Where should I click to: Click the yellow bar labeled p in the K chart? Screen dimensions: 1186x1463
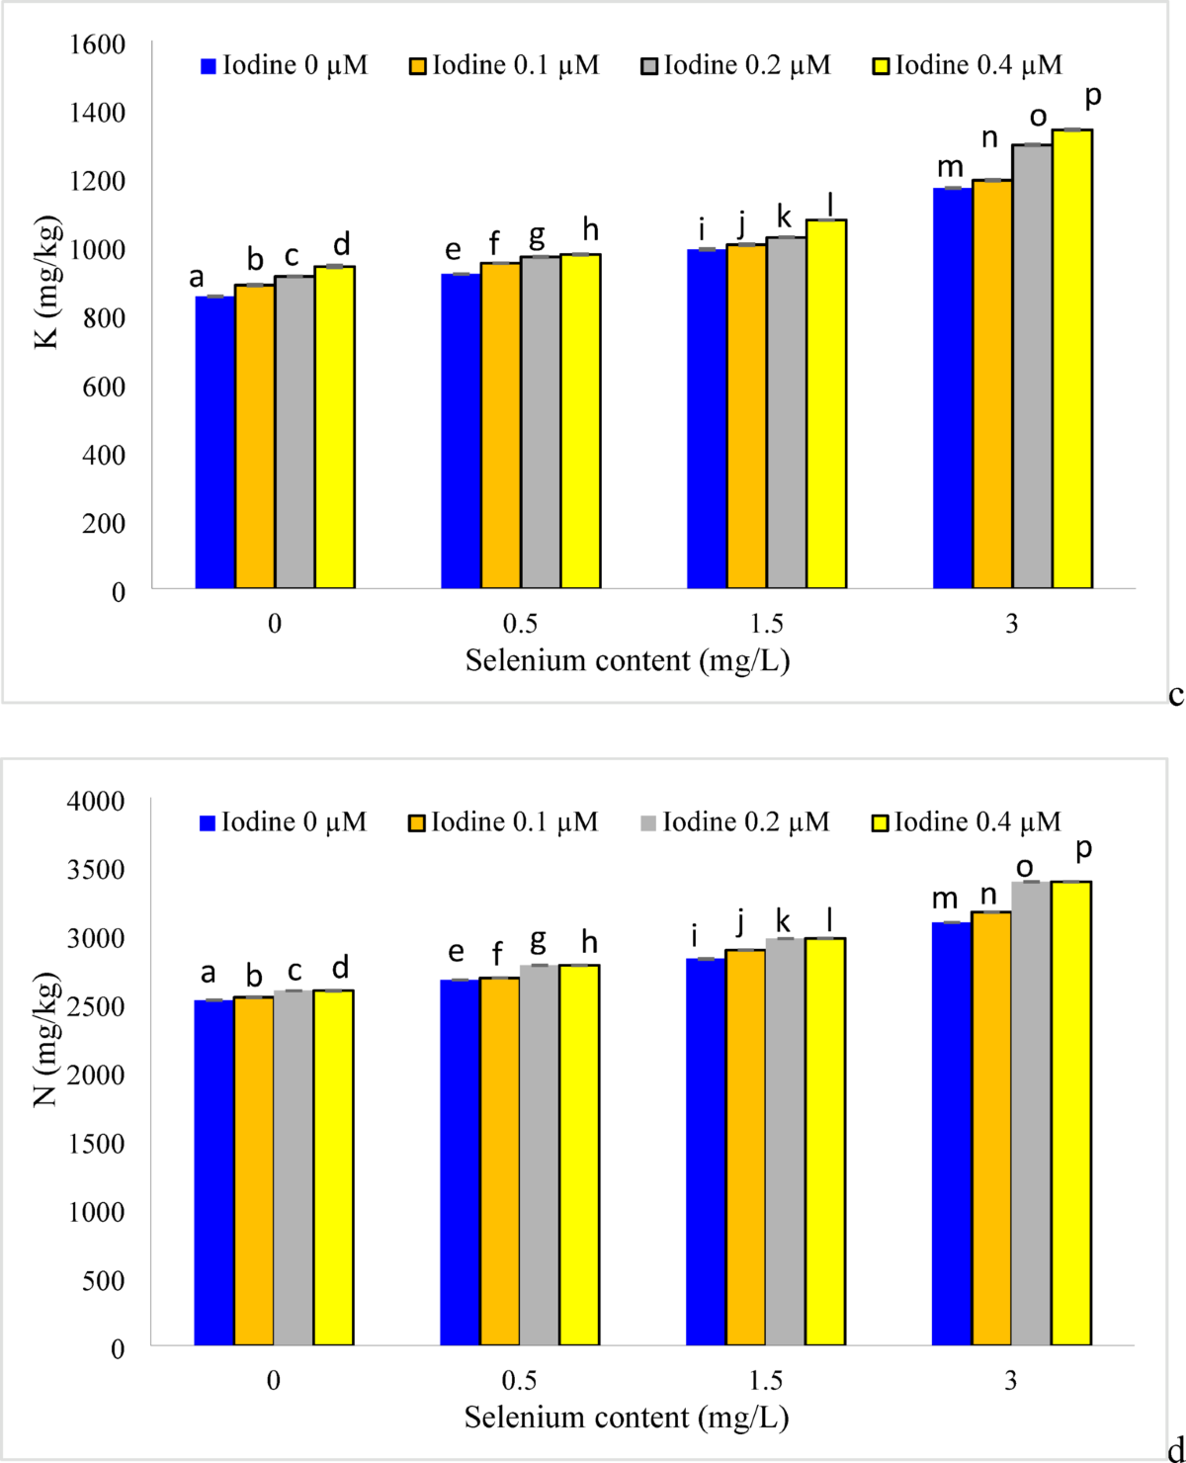[1072, 359]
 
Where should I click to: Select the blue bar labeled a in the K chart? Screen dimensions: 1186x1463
[214, 442]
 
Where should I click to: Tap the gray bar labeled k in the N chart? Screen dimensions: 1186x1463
[785, 1142]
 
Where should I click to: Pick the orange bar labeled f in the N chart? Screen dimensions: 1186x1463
[499, 1161]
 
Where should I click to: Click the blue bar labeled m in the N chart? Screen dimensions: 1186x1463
[951, 1133]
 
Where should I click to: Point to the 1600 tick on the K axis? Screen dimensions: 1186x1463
[97, 44]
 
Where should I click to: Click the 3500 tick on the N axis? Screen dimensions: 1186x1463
[96, 870]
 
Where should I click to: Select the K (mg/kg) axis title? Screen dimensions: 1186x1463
[47, 283]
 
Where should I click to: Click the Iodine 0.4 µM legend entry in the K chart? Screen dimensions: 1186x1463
[968, 65]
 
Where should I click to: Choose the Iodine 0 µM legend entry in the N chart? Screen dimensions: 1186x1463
[284, 822]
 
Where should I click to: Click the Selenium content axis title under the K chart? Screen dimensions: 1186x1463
[628, 660]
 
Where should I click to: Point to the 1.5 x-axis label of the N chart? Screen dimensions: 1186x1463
[765, 1381]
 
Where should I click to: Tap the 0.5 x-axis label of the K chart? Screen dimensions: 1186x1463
[520, 624]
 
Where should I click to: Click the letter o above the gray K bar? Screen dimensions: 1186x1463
[1039, 118]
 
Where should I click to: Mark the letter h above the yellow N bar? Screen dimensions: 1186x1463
[589, 942]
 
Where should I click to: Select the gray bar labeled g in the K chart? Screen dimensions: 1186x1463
[541, 422]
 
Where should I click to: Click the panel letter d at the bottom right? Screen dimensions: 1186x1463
[1175, 1449]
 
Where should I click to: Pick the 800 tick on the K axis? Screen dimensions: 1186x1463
[104, 318]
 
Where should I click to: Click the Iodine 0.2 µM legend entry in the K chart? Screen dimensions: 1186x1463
[736, 65]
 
